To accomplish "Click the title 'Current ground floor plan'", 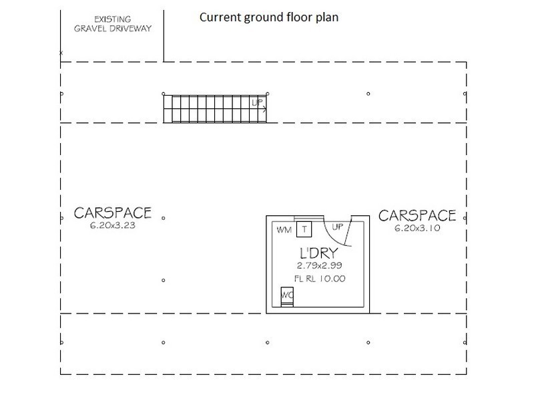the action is point(269,17).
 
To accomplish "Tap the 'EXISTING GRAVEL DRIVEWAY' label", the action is point(113,24).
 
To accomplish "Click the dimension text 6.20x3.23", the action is point(113,225).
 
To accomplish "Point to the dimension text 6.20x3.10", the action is point(417,228).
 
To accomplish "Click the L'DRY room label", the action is point(319,253).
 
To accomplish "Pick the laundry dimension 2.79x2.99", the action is point(319,265).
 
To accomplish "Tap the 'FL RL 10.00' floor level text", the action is point(320,279).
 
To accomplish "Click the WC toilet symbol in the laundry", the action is point(287,297).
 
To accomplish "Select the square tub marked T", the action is point(304,229).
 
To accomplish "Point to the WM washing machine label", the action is point(284,230).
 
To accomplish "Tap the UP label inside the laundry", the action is point(337,227).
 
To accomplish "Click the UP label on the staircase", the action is point(257,102).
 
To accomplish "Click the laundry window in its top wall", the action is point(308,219).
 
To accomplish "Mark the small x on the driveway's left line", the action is point(61,53).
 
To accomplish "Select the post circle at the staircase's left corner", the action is point(164,94).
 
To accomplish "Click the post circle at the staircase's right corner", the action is point(268,94).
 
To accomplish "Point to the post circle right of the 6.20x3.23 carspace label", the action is point(164,218).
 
